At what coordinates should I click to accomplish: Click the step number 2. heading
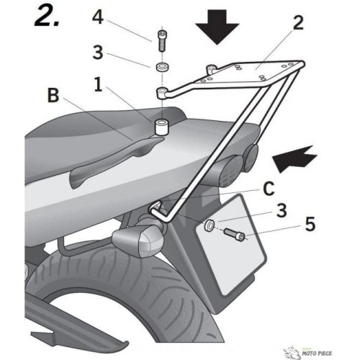pyautogui.click(x=47, y=16)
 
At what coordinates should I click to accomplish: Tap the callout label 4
pyautogui.click(x=98, y=17)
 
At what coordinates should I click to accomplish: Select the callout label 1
pyautogui.click(x=98, y=84)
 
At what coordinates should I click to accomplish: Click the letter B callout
pyautogui.click(x=53, y=95)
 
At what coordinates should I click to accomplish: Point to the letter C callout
pyautogui.click(x=269, y=189)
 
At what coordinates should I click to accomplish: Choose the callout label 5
pyautogui.click(x=310, y=224)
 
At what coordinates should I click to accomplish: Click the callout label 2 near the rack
pyautogui.click(x=298, y=23)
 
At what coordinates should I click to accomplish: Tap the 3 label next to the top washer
pyautogui.click(x=98, y=53)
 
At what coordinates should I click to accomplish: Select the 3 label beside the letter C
pyautogui.click(x=282, y=210)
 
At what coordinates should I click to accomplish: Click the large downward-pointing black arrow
pyautogui.click(x=217, y=27)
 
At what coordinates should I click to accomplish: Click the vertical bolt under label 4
pyautogui.click(x=162, y=41)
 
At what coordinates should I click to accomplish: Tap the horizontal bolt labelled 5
pyautogui.click(x=235, y=235)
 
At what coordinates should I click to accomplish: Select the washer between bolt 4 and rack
pyautogui.click(x=163, y=67)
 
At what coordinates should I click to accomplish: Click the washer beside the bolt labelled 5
pyautogui.click(x=209, y=225)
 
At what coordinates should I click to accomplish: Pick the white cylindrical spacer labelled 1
pyautogui.click(x=161, y=127)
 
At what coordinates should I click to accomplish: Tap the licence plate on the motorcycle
pyautogui.click(x=232, y=245)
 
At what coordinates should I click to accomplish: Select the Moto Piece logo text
pyautogui.click(x=317, y=354)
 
